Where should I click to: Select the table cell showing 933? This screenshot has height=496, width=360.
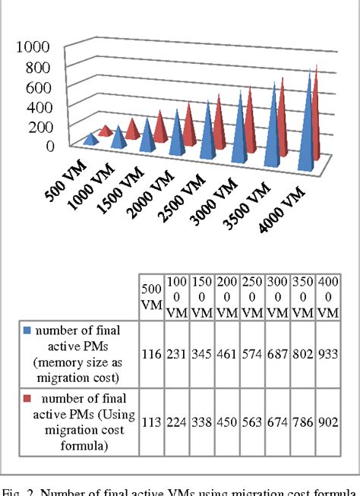[x=329, y=353]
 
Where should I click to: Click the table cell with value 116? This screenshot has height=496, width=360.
[x=151, y=353]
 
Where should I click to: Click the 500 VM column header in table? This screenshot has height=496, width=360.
[x=150, y=296]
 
